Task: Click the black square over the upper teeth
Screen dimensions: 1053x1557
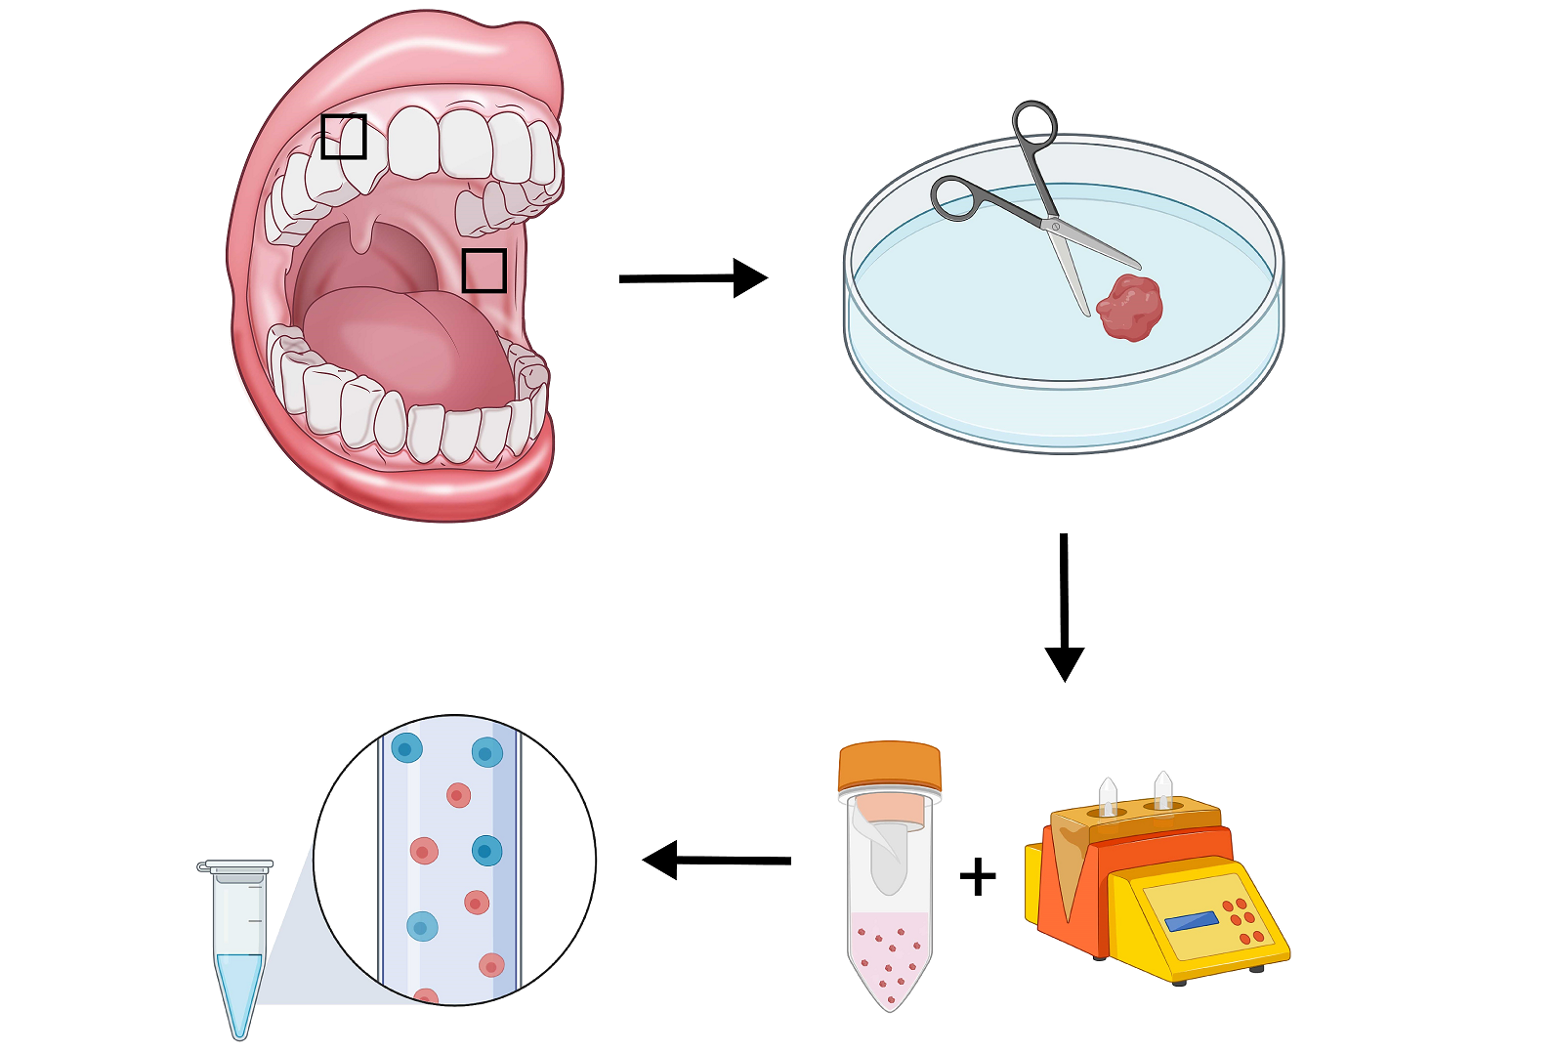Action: [344, 137]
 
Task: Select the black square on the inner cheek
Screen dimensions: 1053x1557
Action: [484, 271]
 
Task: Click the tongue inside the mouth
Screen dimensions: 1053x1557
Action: [410, 342]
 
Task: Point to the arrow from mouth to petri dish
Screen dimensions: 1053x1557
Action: [693, 278]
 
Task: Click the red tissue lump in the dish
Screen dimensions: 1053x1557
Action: [1130, 308]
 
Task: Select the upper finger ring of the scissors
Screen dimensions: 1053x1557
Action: [1034, 126]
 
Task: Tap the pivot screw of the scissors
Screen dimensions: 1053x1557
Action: [1055, 227]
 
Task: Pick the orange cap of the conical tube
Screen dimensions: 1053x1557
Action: [889, 767]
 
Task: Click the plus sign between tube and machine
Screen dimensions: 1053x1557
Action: [978, 876]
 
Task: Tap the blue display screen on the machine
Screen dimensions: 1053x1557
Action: [1192, 921]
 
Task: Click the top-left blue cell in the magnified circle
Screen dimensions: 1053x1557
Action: [406, 749]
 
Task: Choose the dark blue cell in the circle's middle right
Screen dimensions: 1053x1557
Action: [486, 851]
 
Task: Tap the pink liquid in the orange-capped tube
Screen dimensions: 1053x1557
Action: [890, 957]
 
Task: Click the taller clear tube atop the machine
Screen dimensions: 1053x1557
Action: [1162, 790]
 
